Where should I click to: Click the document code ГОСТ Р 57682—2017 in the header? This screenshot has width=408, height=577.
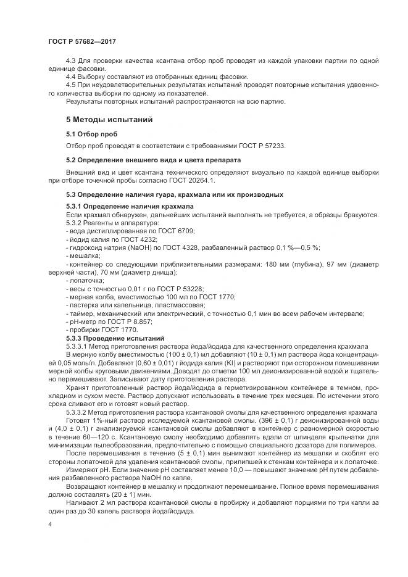pyautogui.click(x=82, y=41)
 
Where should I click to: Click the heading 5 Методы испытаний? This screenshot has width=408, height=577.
pyautogui.click(x=110, y=119)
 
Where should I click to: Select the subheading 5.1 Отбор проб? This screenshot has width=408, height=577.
pyautogui.click(x=91, y=134)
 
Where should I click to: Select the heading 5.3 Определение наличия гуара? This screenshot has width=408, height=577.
pyautogui.click(x=175, y=194)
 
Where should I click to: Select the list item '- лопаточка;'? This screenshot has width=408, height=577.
pyautogui.click(x=85, y=280)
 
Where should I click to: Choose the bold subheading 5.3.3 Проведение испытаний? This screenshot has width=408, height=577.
pyautogui.click(x=115, y=338)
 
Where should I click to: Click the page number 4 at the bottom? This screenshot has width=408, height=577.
pyautogui.click(x=49, y=523)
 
